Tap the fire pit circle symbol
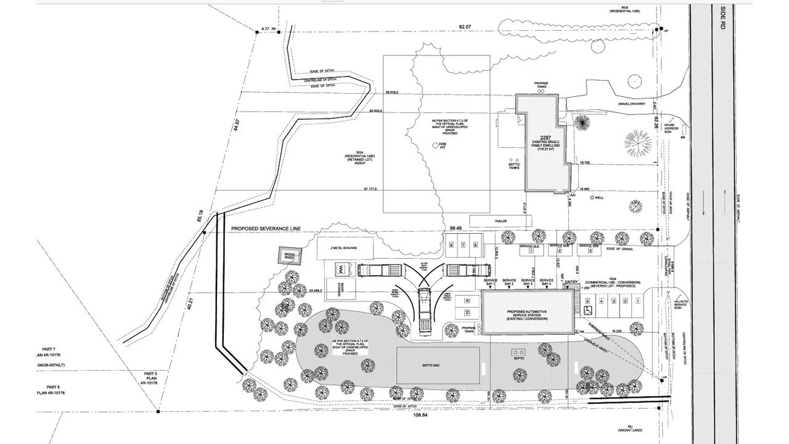coord(433,144)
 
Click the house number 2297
coord(545,138)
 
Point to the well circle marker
coord(592,198)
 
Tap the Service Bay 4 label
coord(546,281)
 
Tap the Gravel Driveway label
coord(632,104)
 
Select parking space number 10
coord(467,313)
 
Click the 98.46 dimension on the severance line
coord(456,228)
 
